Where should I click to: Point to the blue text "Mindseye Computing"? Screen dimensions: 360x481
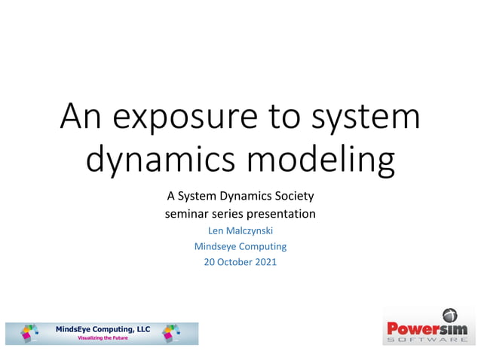[x=240, y=246]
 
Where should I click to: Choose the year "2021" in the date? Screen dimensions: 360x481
[x=265, y=262]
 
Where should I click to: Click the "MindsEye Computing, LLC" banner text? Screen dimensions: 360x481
[x=103, y=329]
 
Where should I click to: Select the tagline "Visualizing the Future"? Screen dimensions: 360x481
[x=103, y=338]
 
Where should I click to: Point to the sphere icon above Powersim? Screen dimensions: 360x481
[x=449, y=315]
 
